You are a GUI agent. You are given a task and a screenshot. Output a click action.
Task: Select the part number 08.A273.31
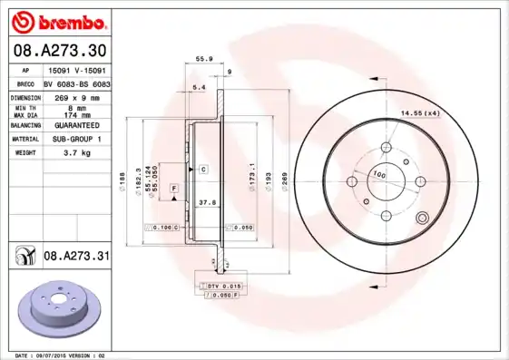(x=76, y=258)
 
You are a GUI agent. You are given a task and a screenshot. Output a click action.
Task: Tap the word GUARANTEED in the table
(x=77, y=126)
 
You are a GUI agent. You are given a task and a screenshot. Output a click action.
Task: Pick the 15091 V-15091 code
(x=77, y=69)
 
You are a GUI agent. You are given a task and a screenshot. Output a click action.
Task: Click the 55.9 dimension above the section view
(x=204, y=59)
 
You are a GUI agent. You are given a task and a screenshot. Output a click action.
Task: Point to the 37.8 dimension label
(x=207, y=204)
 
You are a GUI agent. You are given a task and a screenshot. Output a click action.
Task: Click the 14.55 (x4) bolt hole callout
(x=420, y=112)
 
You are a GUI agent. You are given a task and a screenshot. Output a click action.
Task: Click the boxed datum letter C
(x=204, y=170)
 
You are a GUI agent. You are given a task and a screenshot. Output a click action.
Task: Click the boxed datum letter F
(x=173, y=187)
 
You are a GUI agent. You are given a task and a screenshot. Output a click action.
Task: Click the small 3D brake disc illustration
(x=61, y=307)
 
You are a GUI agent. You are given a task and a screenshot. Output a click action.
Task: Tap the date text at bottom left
(x=56, y=355)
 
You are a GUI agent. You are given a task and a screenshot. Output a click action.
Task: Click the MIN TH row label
(x=24, y=108)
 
